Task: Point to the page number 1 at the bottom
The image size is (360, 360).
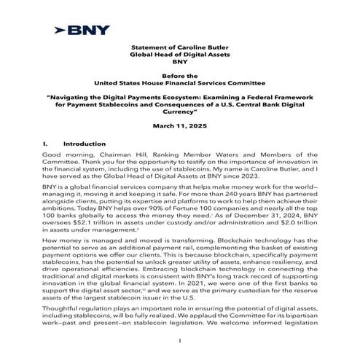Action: click(179, 340)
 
